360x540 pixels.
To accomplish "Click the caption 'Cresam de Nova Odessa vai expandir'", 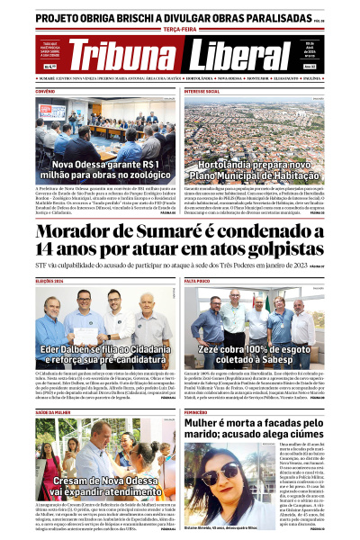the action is [94, 487].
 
